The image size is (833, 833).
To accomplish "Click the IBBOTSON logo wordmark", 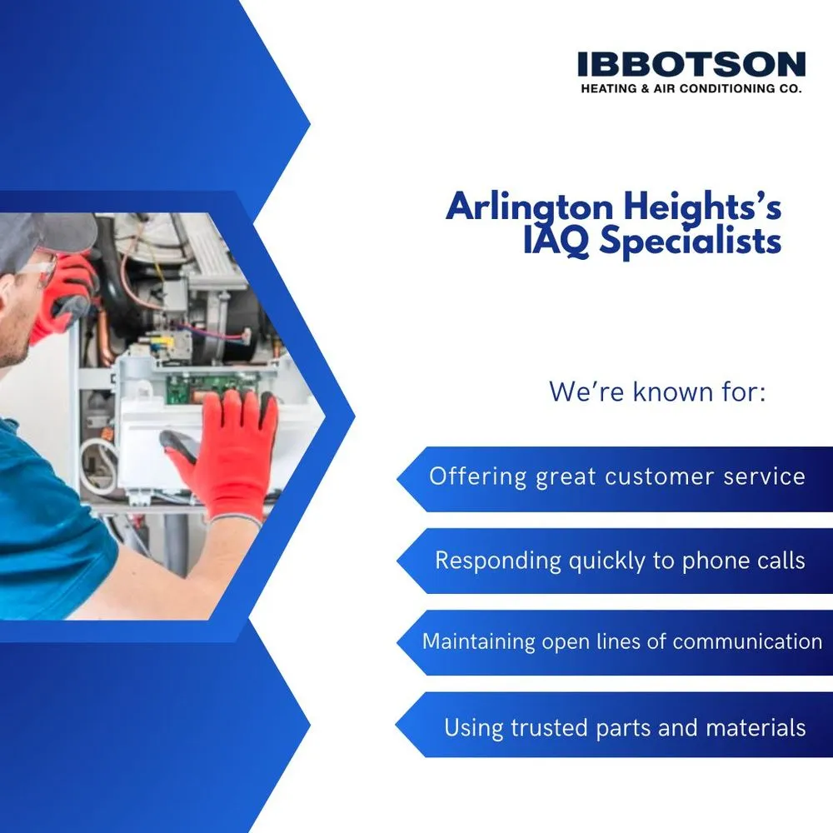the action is (x=691, y=64).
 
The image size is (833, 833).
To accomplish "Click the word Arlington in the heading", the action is (x=529, y=207).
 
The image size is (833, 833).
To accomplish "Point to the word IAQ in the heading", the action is (x=556, y=242).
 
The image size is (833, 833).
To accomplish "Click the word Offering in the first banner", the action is (x=477, y=476).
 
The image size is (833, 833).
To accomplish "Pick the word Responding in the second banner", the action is (x=498, y=561).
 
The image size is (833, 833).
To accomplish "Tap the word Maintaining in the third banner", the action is (x=479, y=641).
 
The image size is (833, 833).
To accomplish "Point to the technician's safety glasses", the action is (x=32, y=269).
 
